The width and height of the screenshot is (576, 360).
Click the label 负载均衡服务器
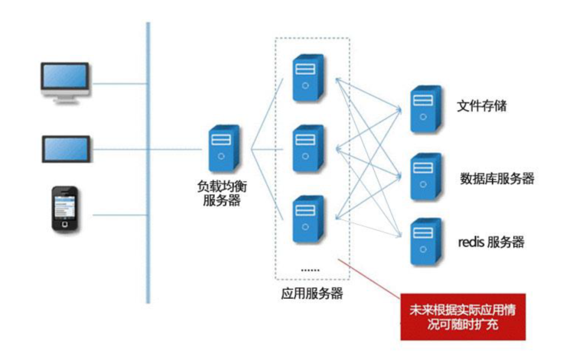(222, 193)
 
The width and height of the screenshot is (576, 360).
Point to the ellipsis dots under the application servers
(310, 270)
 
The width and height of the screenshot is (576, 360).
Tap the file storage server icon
(425, 109)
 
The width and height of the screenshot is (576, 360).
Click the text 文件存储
(481, 105)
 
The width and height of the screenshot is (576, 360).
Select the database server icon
(425, 176)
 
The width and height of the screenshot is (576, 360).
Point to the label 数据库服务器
(496, 179)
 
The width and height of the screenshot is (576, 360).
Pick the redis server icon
(425, 242)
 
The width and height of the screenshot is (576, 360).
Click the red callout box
(463, 316)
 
